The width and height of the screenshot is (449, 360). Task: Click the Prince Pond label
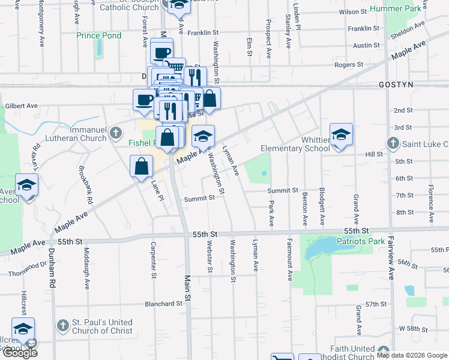(99, 35)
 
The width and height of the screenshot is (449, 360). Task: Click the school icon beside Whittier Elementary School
(341, 135)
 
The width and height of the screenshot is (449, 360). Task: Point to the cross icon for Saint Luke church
(393, 143)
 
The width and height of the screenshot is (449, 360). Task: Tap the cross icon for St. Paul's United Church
(62, 326)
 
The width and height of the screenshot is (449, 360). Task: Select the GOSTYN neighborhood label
(396, 85)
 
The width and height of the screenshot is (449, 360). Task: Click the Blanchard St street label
(163, 304)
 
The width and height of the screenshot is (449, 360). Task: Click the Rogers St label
(349, 64)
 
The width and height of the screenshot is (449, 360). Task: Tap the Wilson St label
(352, 11)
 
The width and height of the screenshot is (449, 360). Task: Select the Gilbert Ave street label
(22, 106)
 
